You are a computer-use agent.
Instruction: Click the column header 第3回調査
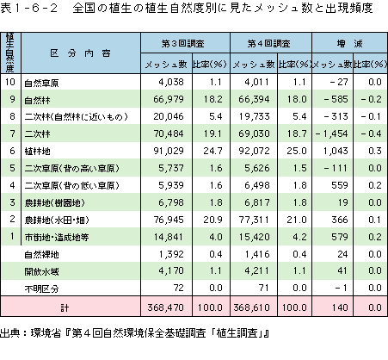[182, 44]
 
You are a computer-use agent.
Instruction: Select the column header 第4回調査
[268, 44]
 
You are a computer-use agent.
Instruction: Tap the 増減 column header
[349, 44]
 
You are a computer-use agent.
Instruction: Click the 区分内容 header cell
[81, 53]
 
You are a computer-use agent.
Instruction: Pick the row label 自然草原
[41, 83]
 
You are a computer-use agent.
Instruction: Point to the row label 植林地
[37, 151]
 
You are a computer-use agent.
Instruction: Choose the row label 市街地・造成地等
[57, 237]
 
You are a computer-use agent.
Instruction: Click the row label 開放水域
[41, 271]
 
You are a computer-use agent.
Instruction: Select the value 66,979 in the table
[169, 99]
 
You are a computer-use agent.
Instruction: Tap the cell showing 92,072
[254, 151]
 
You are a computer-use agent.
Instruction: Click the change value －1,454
[331, 133]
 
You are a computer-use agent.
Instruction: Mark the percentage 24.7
[212, 151]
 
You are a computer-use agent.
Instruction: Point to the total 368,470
[165, 307]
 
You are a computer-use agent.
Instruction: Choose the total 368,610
[251, 307]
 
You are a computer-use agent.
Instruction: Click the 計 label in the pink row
[65, 308]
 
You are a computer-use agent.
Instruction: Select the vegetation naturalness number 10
[10, 82]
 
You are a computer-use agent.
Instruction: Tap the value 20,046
[169, 116]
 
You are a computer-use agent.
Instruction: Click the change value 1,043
[336, 151]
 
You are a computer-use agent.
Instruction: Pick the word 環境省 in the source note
[46, 333]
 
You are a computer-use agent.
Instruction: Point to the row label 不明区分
[41, 289]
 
